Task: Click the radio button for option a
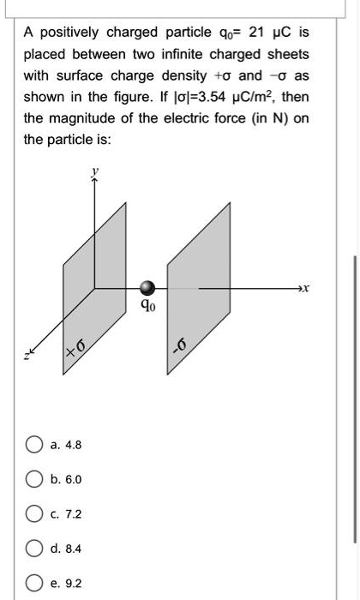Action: tap(34, 445)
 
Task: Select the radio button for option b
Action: tap(34, 480)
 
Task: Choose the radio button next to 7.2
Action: tap(34, 514)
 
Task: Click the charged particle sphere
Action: tap(148, 288)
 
